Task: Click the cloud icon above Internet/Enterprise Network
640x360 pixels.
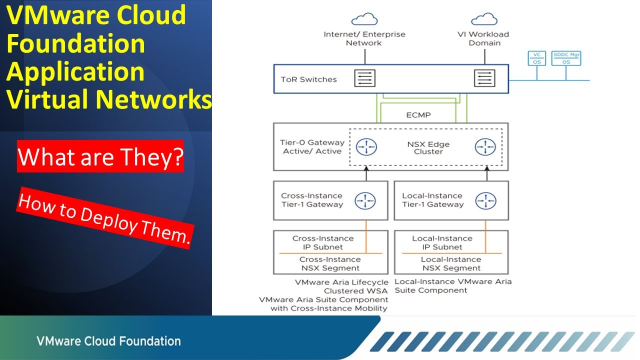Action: pyautogui.click(x=363, y=18)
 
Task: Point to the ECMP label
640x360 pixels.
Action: pyautogui.click(x=418, y=114)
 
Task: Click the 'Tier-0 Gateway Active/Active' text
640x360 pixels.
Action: pyautogui.click(x=311, y=147)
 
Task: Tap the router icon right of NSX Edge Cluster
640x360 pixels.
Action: pyautogui.click(x=486, y=147)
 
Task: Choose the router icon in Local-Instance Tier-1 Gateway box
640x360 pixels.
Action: pyautogui.click(x=486, y=199)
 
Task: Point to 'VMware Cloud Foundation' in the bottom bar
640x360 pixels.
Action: pyautogui.click(x=109, y=340)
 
